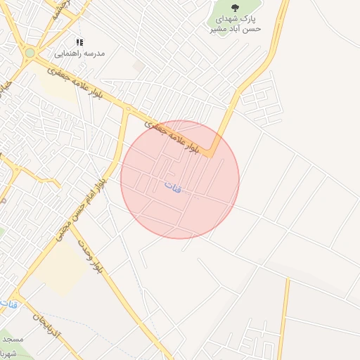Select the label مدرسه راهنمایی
click(80, 53)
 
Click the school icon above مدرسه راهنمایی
click(79, 42)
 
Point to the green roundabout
click(30, 53)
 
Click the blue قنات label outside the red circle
click(8, 304)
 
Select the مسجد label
click(13, 340)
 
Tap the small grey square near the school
click(139, 65)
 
